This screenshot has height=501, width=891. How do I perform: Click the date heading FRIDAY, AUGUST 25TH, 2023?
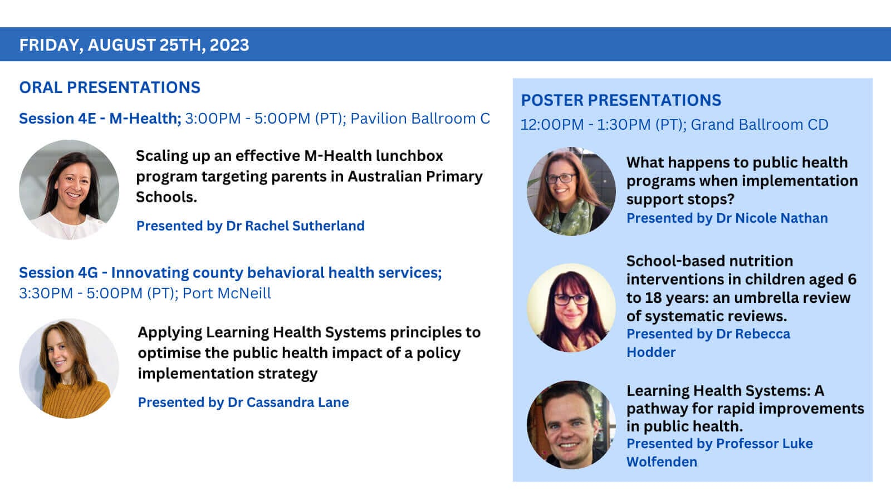coord(134,45)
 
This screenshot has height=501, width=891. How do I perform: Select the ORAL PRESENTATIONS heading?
coord(110,87)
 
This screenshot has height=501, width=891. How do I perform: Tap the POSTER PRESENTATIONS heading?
coord(621,100)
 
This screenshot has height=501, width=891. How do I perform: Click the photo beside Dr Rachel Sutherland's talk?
coord(69,190)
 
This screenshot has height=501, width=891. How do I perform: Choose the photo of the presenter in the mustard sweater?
coord(69,368)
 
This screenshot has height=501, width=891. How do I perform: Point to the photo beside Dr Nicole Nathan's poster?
coord(571,191)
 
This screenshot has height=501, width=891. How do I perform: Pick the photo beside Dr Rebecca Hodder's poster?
coord(571,308)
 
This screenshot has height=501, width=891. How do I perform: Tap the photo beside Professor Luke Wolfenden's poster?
coord(571,425)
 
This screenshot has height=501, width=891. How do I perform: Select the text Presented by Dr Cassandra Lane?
coord(243,402)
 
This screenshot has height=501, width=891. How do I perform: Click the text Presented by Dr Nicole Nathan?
coord(727,218)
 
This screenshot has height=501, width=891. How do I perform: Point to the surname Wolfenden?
coord(662,462)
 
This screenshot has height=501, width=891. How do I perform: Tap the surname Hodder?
coord(651,352)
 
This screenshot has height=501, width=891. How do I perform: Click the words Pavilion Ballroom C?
coord(420,119)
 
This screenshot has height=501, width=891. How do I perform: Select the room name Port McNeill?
coord(227,293)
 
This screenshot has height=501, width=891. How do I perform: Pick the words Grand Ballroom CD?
coord(760,125)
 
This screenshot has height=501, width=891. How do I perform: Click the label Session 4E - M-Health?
coord(100,119)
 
